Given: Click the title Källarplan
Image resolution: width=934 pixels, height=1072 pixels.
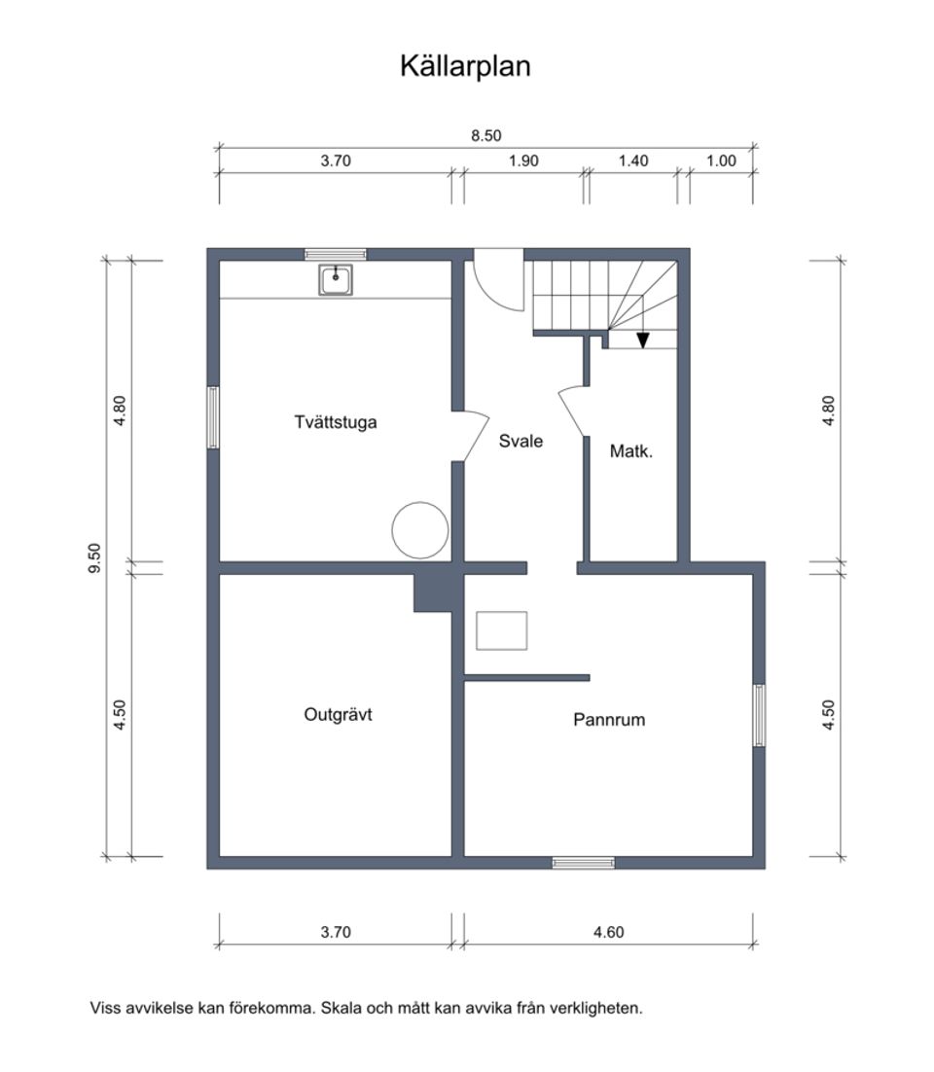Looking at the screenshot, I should coord(465,66).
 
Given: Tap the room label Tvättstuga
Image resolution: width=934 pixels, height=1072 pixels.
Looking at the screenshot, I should coord(335,422).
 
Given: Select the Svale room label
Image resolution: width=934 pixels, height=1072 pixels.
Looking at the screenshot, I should coord(521,441).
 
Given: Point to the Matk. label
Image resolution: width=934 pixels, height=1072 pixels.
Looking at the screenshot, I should coord(630,451).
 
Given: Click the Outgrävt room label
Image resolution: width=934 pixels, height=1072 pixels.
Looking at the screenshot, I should coord(338,715).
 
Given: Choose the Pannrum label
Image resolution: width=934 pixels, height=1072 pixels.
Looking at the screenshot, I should coord(609,721).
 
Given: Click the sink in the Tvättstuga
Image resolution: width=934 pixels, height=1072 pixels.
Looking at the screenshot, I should coord(337,280).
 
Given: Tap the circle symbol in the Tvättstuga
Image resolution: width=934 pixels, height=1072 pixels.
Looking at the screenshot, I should coord(419,529).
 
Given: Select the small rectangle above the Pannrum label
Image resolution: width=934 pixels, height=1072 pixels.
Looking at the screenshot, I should coord(501,630).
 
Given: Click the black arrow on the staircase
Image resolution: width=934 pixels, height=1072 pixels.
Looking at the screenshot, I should coord(642,339).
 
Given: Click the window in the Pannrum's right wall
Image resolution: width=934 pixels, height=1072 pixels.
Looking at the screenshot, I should coord(759,715).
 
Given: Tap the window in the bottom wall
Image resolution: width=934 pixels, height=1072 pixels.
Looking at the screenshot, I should coord(583,862).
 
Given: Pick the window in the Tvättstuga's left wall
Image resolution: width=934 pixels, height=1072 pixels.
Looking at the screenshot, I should coord(213,417).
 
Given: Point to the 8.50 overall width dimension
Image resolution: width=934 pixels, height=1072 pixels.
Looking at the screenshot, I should coord(485,136).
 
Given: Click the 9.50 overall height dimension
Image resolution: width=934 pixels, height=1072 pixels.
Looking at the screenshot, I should coord(94,559).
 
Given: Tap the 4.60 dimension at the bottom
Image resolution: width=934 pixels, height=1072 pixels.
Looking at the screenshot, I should coord(608,932).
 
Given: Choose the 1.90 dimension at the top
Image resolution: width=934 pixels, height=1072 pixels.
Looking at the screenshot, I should coord(523,161).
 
